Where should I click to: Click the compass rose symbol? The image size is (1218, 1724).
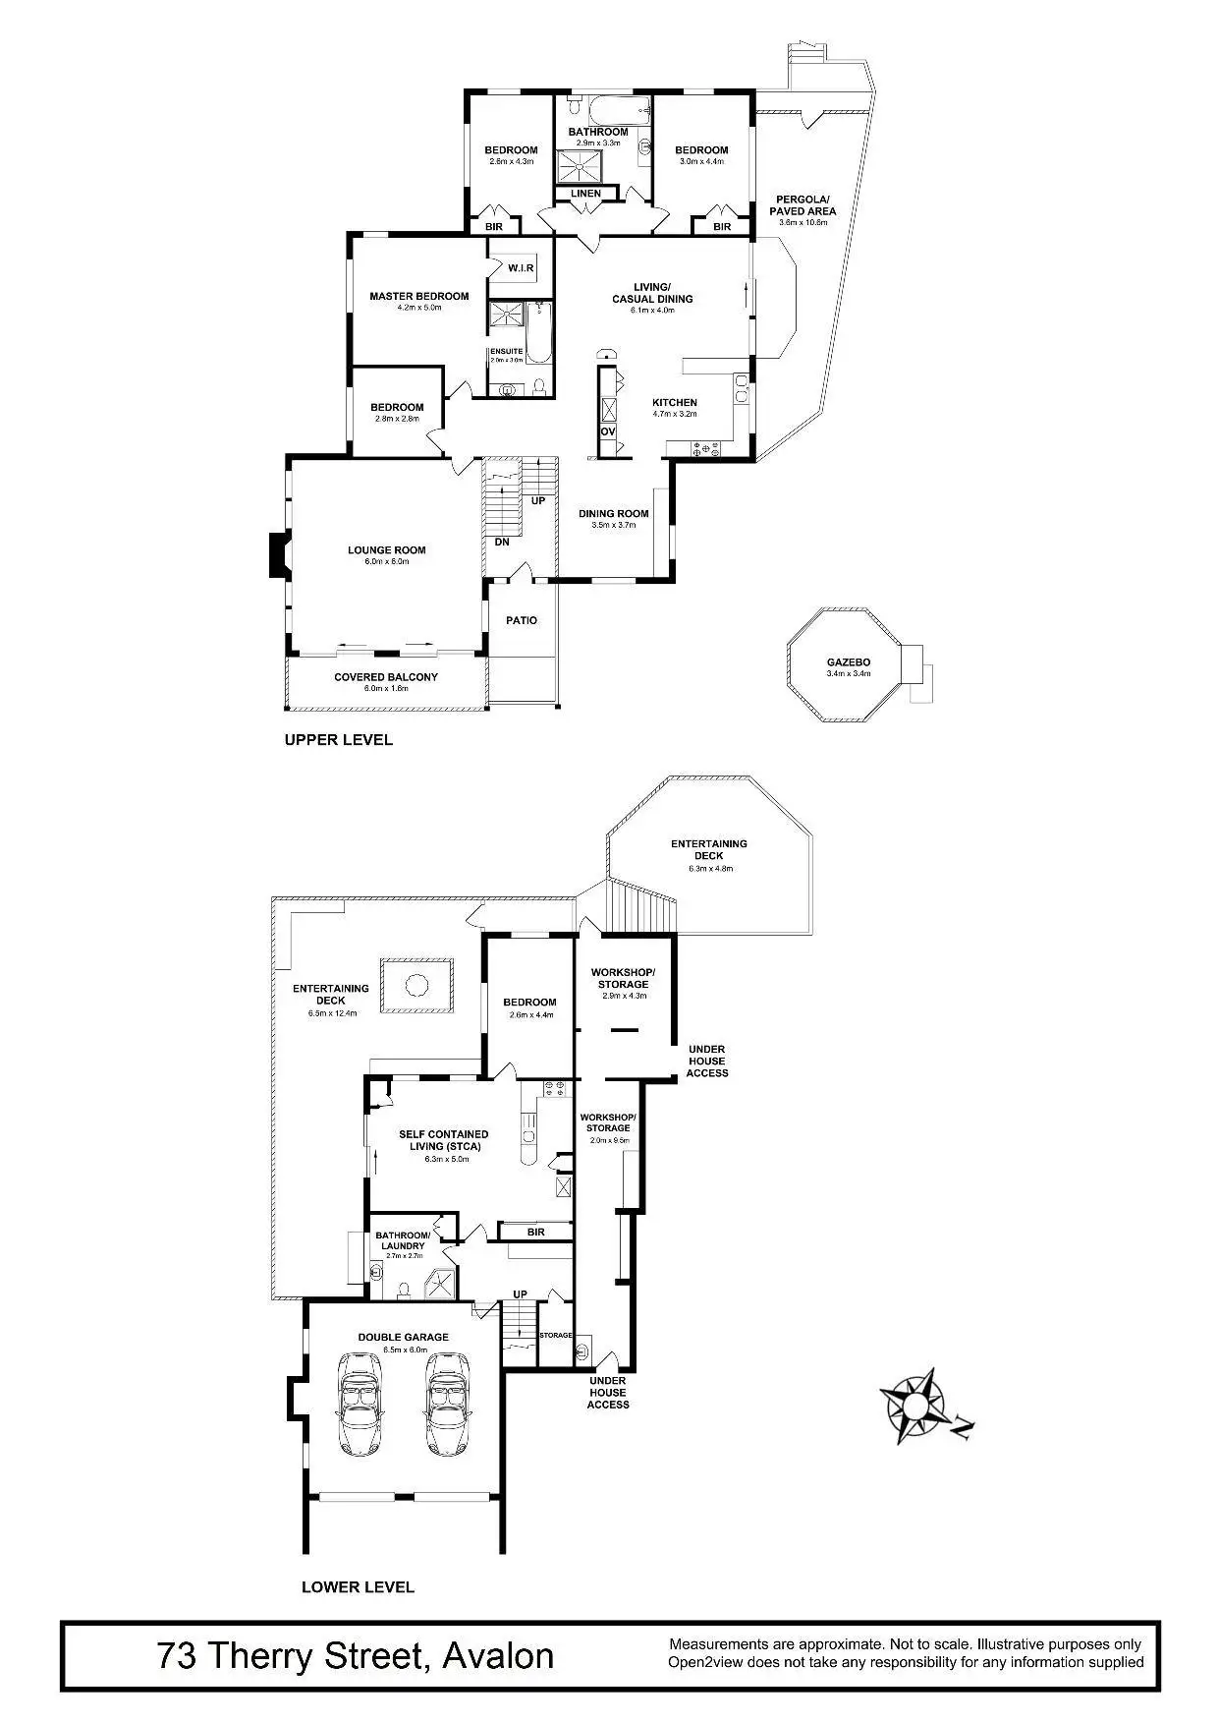914,1405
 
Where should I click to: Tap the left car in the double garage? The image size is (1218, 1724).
360,1403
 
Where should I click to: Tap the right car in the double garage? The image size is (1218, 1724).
447,1403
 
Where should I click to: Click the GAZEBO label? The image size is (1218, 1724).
848,661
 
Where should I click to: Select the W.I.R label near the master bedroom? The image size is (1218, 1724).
521,268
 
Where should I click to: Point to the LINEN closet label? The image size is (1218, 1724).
585,194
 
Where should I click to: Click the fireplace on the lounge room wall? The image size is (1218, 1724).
277,555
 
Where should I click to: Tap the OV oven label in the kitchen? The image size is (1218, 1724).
607,431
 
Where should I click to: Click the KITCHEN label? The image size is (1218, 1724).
675,402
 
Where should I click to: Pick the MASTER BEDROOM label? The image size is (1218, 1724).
418,296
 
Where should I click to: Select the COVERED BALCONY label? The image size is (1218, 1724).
386,677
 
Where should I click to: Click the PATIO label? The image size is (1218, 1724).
522,620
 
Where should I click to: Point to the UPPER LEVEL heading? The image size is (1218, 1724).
338,740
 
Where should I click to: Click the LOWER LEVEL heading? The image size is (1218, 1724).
358,1586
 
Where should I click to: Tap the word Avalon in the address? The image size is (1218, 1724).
498,1656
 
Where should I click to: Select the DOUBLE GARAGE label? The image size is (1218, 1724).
403,1337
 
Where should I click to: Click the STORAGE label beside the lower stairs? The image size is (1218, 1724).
556,1335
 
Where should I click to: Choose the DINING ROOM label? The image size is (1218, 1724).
613,513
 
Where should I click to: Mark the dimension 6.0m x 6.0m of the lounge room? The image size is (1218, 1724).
386,561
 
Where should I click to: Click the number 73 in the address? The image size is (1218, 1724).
177,1656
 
